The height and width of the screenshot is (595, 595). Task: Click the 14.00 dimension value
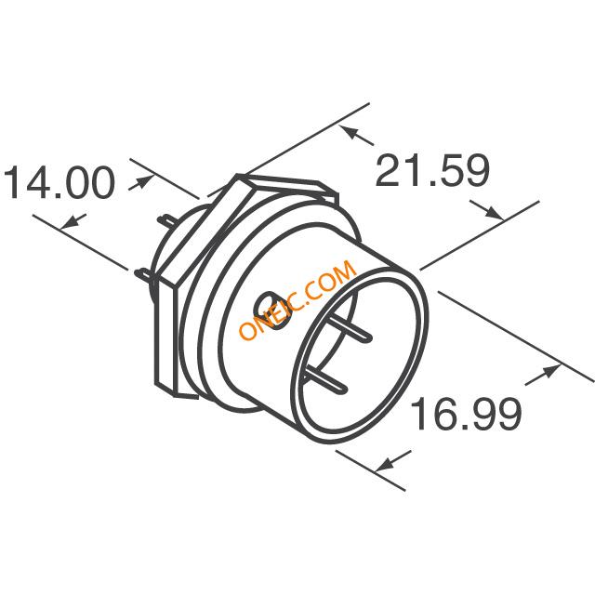(x=61, y=183)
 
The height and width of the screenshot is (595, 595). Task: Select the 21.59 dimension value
(x=431, y=171)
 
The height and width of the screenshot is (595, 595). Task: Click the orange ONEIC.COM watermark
(x=297, y=301)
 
